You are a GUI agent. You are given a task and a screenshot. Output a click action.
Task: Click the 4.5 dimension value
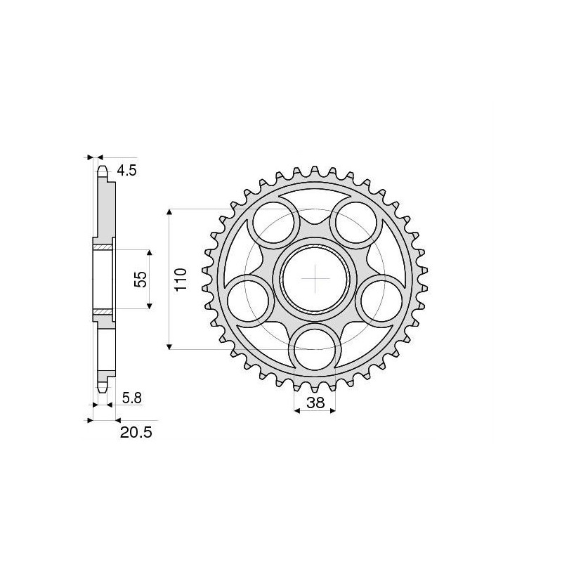click(127, 170)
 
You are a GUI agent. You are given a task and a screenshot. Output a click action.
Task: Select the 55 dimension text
click(140, 279)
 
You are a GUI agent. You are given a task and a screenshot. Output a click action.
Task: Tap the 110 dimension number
click(181, 279)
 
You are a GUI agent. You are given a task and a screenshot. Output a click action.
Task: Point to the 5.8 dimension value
click(131, 398)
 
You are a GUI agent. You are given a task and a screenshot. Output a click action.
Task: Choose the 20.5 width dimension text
click(135, 433)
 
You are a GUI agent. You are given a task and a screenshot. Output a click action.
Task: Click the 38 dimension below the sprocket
click(315, 403)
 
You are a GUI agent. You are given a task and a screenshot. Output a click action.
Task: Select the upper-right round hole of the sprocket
click(357, 219)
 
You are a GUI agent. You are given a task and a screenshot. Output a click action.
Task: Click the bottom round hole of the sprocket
click(315, 348)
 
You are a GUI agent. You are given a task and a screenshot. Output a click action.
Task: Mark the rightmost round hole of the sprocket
click(382, 299)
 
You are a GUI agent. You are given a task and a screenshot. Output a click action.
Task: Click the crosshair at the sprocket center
click(315, 279)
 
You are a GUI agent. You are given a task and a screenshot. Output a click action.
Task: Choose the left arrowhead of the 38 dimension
click(296, 412)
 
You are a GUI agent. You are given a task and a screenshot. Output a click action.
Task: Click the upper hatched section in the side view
click(103, 247)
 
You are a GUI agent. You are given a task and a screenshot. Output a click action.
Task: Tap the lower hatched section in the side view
click(103, 312)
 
